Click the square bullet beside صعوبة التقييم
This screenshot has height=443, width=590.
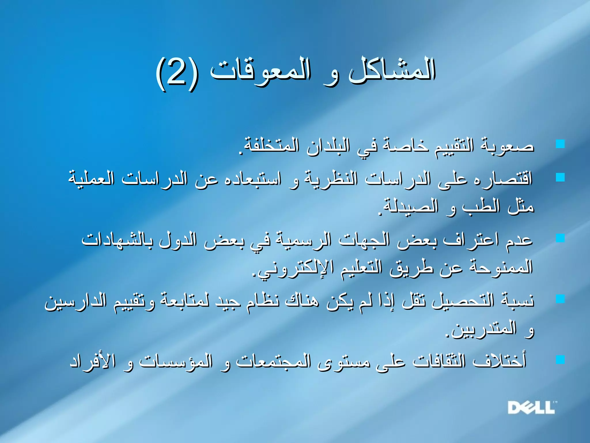(560, 144)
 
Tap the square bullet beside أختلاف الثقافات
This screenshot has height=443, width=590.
(560, 359)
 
